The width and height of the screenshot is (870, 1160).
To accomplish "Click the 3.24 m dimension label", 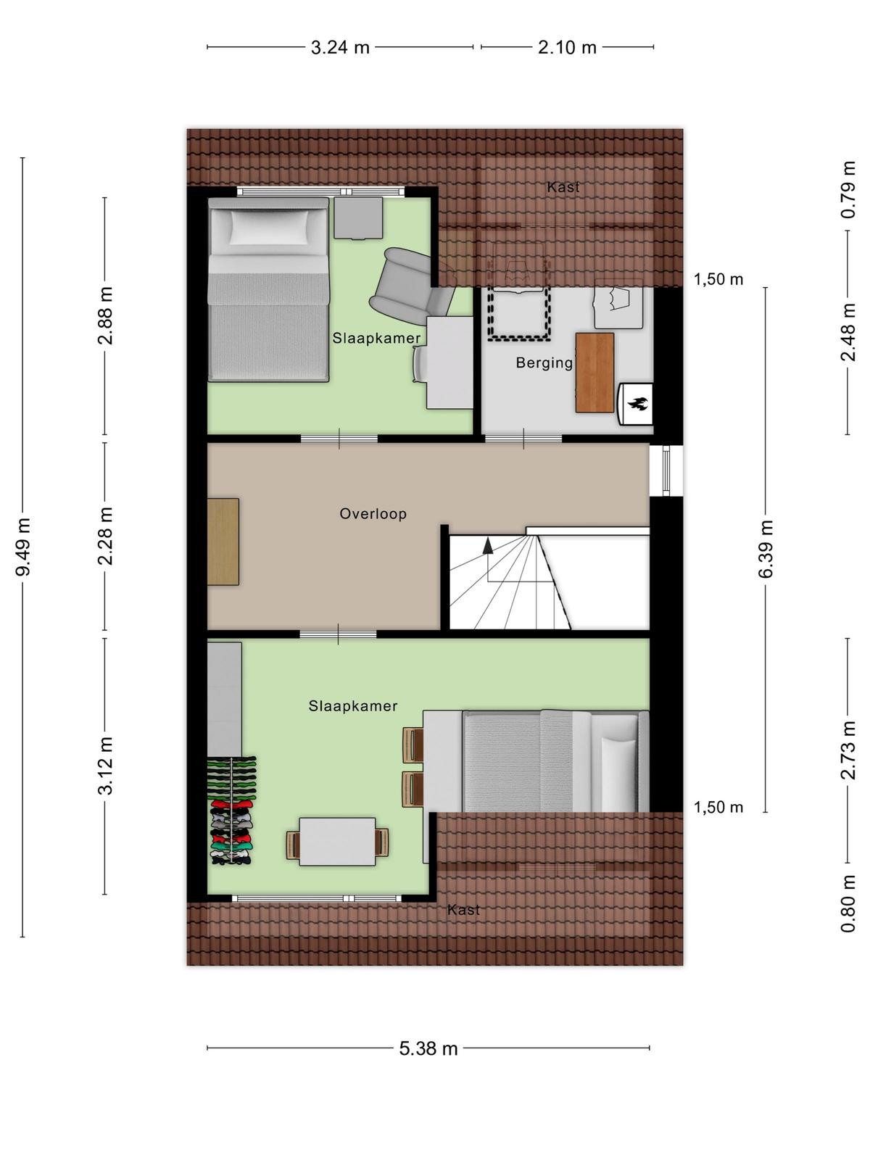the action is tap(339, 48).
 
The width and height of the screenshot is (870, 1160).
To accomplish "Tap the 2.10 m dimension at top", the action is tap(567, 48).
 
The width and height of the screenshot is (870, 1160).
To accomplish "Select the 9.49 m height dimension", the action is tap(23, 547).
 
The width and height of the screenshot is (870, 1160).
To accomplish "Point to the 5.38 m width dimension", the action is tap(428, 1048).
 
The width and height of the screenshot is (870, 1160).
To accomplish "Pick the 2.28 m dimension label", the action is tap(105, 536).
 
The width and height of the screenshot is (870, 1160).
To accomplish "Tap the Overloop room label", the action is tap(373, 514).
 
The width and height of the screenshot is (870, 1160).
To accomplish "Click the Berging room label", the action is tap(544, 362).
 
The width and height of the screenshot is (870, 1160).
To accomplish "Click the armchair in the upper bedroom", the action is tap(411, 288).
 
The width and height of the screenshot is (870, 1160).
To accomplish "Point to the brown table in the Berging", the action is tap(594, 373).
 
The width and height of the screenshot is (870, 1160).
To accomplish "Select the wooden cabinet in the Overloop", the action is tap(223, 542).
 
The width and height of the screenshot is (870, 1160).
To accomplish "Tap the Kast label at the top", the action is tap(563, 186).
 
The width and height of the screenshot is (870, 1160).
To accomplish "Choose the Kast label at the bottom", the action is tap(463, 909).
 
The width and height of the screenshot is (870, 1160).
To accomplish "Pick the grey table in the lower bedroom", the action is tap(338, 841).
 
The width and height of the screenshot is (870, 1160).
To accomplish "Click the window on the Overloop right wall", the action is tap(666, 471).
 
